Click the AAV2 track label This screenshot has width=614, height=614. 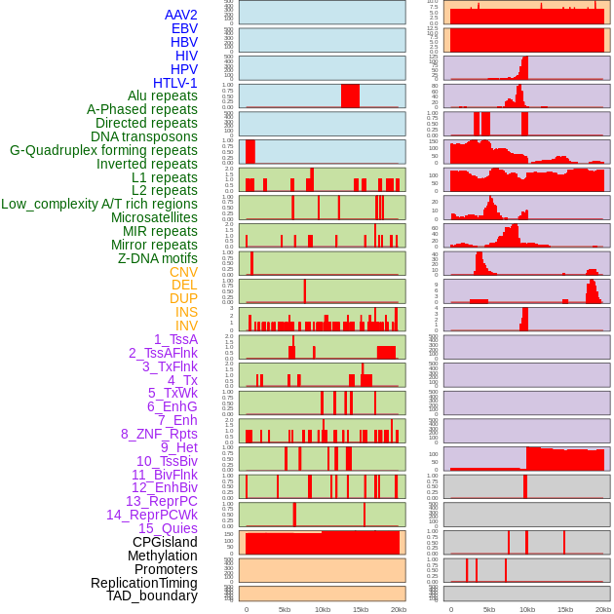(x=181, y=16)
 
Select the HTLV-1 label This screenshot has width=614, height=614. (x=175, y=83)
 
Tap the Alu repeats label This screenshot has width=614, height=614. (x=163, y=96)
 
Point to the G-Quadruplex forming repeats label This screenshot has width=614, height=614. (x=103, y=150)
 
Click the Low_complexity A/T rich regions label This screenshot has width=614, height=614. (x=99, y=204)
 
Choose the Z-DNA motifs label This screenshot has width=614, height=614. (x=158, y=258)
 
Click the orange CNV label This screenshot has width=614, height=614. (x=183, y=272)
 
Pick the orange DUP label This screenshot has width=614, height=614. (x=183, y=298)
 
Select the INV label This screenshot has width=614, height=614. (x=186, y=326)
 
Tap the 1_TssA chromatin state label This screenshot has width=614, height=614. (x=175, y=339)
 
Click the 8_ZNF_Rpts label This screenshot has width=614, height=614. (x=159, y=434)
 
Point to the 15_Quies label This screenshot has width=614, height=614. (x=168, y=528)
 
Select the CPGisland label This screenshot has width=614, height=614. (x=165, y=542)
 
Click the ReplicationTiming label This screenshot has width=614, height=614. (x=143, y=583)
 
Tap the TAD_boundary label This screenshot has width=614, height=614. (x=152, y=595)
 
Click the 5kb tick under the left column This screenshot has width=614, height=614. (x=285, y=609)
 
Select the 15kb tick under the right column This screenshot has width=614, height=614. (x=564, y=609)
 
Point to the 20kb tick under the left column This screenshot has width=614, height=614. (x=399, y=609)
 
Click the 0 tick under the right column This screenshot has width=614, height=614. (x=450, y=609)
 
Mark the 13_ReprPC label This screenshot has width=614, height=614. (x=161, y=501)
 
